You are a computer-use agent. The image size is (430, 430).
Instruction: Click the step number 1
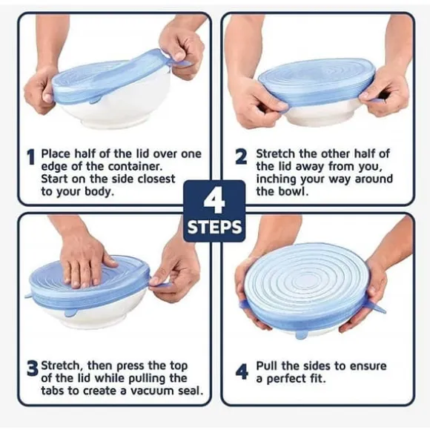click(x=32, y=157)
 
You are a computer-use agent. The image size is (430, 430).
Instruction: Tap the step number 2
click(x=241, y=156)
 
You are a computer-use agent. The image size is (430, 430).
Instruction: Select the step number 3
click(x=33, y=368)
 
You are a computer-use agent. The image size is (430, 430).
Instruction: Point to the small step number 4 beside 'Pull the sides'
click(x=242, y=372)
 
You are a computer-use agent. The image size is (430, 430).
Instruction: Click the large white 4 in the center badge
click(x=214, y=202)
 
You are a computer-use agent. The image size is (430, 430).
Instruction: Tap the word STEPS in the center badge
click(x=214, y=228)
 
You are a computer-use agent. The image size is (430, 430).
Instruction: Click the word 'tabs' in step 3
click(x=53, y=391)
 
